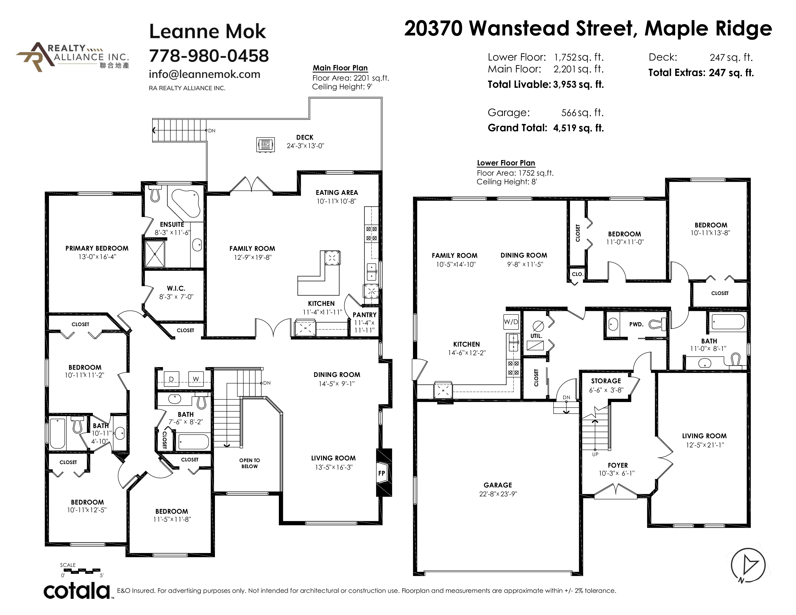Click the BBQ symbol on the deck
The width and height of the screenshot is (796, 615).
265,145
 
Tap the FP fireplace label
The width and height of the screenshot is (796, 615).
382,473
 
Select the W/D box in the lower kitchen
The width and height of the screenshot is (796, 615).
511,322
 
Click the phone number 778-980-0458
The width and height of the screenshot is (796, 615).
209,56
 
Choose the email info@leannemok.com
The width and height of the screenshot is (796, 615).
205,74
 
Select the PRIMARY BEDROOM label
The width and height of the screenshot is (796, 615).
97,248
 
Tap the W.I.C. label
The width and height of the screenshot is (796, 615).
176,288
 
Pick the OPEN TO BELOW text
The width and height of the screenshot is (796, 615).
250,463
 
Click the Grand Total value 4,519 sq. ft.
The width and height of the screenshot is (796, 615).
578,128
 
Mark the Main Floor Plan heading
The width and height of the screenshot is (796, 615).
340,68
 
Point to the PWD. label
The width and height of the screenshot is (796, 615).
636,324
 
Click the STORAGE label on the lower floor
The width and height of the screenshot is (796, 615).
606,381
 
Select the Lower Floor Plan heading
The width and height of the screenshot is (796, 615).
506,163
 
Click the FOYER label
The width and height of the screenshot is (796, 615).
618,465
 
